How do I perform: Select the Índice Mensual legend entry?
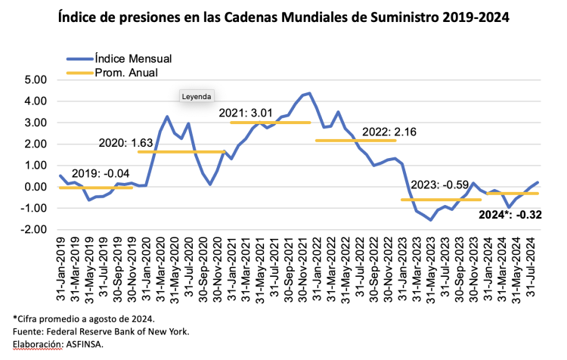point(133,58)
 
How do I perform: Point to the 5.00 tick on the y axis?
point(36,79)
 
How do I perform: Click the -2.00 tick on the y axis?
point(34,230)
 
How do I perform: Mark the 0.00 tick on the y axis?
point(36,187)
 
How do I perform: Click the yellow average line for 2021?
point(270,123)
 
